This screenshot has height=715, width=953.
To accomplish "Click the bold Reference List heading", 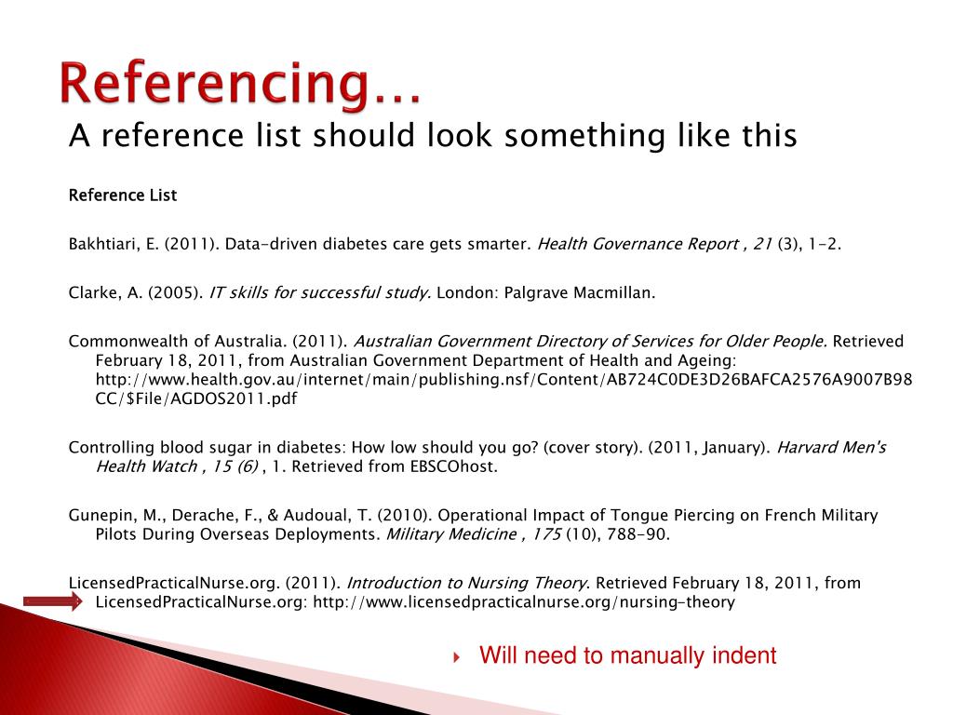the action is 123,196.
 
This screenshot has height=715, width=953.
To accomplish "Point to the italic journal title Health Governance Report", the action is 638,245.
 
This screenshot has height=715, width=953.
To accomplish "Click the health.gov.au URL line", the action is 503,380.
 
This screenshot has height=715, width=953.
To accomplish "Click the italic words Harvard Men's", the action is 831,448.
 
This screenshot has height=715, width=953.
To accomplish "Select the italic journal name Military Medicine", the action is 451,534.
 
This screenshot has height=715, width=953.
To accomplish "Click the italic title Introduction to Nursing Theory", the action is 466,584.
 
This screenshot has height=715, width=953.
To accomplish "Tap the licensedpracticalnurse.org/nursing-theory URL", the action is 524,602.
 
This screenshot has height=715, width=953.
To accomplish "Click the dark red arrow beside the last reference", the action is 53,601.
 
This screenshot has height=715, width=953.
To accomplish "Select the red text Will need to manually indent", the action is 627,655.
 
